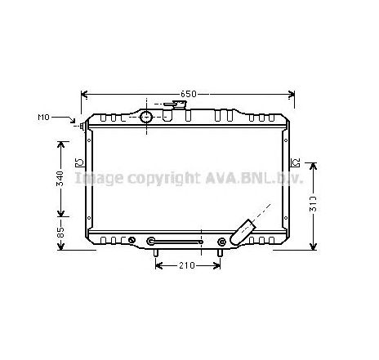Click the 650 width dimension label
(x=189, y=95)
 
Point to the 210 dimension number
(x=187, y=266)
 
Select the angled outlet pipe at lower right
(x=245, y=230)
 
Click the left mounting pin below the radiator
(x=155, y=253)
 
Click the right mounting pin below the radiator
(x=219, y=253)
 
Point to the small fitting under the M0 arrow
(x=82, y=127)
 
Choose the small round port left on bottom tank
(x=132, y=240)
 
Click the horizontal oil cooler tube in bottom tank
(x=176, y=242)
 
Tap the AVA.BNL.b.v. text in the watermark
(x=249, y=177)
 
